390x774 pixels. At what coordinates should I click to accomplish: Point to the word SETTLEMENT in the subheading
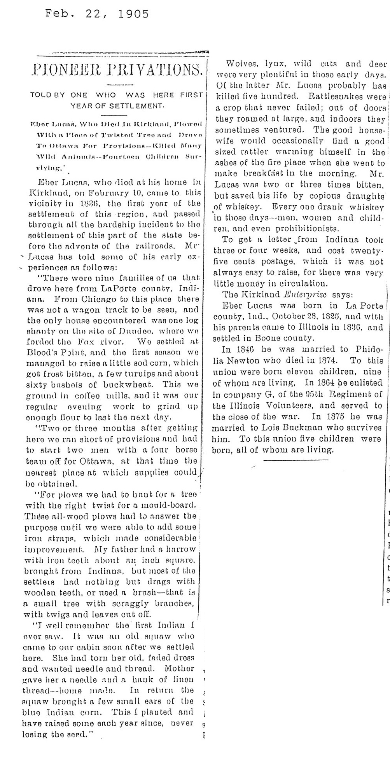pos(137,106)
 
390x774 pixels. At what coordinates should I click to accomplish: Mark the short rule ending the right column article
pos(296,460)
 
